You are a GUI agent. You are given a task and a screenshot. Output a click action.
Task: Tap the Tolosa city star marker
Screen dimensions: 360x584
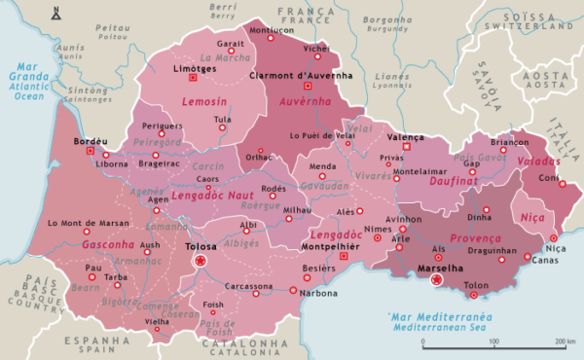pos(201,261)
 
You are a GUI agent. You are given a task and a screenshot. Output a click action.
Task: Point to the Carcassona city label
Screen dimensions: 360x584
pos(251,287)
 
